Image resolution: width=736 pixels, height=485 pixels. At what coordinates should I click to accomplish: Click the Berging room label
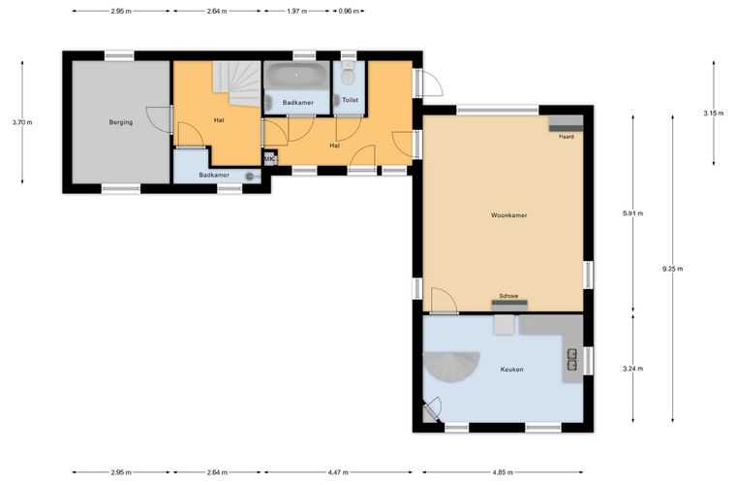pyautogui.click(x=121, y=122)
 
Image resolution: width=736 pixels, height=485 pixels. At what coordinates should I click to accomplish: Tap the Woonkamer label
pyautogui.click(x=508, y=215)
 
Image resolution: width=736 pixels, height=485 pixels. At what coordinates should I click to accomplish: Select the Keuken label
pyautogui.click(x=511, y=370)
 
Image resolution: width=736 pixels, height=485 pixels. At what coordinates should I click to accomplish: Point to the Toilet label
pyautogui.click(x=351, y=100)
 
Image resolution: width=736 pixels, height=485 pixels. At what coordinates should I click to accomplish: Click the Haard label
pyautogui.click(x=567, y=137)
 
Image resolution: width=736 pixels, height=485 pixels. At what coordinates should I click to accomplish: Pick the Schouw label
pyautogui.click(x=508, y=296)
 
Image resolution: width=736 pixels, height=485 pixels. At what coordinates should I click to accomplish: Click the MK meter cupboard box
pyautogui.click(x=270, y=159)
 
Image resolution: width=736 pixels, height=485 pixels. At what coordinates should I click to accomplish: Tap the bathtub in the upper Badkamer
pyautogui.click(x=296, y=76)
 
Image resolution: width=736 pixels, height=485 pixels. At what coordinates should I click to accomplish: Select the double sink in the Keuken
pyautogui.click(x=572, y=360)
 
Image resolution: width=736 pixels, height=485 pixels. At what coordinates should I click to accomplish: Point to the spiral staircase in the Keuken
pyautogui.click(x=451, y=367)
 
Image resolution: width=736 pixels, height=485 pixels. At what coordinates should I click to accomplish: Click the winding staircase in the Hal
pyautogui.click(x=236, y=83)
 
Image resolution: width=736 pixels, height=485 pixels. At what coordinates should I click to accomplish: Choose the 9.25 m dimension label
pyautogui.click(x=673, y=269)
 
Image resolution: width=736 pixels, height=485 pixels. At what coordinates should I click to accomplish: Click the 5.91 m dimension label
pyautogui.click(x=632, y=213)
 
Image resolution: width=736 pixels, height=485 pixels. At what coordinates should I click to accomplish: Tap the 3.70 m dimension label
pyautogui.click(x=22, y=122)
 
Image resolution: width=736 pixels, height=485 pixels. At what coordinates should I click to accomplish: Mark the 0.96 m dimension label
pyautogui.click(x=349, y=12)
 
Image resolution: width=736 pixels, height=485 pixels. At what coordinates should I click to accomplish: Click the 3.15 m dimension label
pyautogui.click(x=714, y=113)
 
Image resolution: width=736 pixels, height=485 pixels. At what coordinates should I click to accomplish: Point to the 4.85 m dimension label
pyautogui.click(x=503, y=472)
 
